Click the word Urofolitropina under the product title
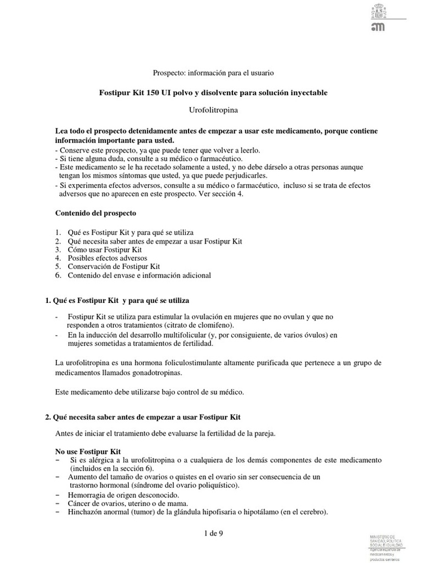213,110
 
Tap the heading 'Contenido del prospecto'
95,213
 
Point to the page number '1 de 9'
214,534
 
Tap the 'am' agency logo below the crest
378,28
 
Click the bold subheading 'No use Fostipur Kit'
88,452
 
